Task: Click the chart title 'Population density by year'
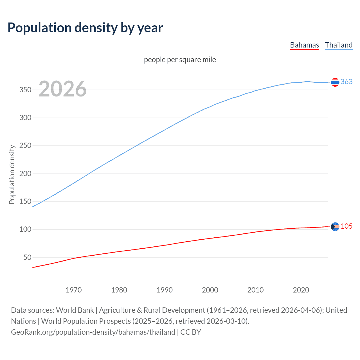point(85,28)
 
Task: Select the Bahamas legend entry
point(304,45)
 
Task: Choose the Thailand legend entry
point(339,45)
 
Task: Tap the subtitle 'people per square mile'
point(180,60)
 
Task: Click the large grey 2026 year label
point(62,89)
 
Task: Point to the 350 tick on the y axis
point(25,90)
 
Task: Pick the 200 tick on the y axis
point(25,174)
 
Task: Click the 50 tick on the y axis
point(27,257)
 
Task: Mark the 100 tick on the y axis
point(25,229)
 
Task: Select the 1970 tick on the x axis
point(74,290)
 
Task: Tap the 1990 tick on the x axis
point(165,290)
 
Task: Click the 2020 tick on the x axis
point(301,290)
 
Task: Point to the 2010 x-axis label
point(255,290)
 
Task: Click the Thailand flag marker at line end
point(335,82)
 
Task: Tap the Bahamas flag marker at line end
point(335,226)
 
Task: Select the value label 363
point(346,82)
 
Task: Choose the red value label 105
point(346,226)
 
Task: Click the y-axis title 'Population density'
point(12,174)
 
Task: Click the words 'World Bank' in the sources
point(75,310)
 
